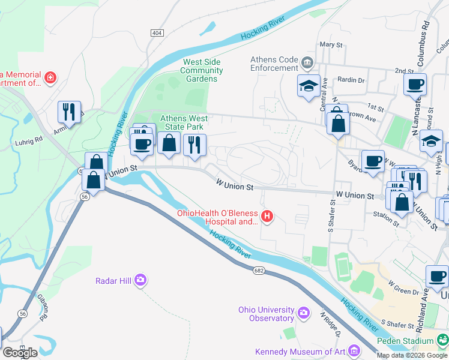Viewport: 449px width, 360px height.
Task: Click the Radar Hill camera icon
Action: pos(140,280)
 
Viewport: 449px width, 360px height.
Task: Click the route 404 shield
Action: pos(157,32)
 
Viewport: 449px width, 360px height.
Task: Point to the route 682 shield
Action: pos(259,271)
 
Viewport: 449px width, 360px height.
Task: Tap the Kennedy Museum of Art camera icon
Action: pos(355,350)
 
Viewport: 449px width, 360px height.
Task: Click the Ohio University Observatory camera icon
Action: pos(304,312)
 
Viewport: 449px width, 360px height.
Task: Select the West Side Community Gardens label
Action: pos(202,70)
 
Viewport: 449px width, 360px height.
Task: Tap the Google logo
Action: pos(20,352)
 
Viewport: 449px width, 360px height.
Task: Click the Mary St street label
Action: pos(331,44)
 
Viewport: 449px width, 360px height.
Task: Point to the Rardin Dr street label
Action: pos(351,80)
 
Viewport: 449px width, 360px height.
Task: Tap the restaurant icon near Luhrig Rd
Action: pos(68,112)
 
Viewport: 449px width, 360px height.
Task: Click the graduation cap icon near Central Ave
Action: pos(309,85)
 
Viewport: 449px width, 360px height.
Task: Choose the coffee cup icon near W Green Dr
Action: pos(437,277)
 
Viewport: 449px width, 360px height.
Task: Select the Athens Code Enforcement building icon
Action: pos(307,62)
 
